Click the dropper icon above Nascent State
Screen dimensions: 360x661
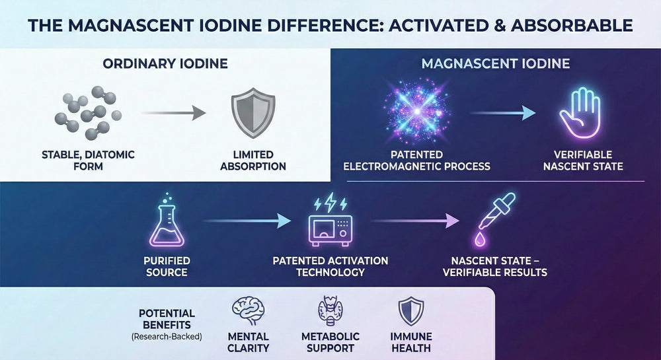click(494, 218)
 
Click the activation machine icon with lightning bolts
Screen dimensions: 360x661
click(330, 222)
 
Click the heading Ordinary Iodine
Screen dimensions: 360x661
click(165, 65)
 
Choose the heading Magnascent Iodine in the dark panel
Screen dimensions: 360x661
click(496, 65)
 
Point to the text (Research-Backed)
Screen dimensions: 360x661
click(167, 336)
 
